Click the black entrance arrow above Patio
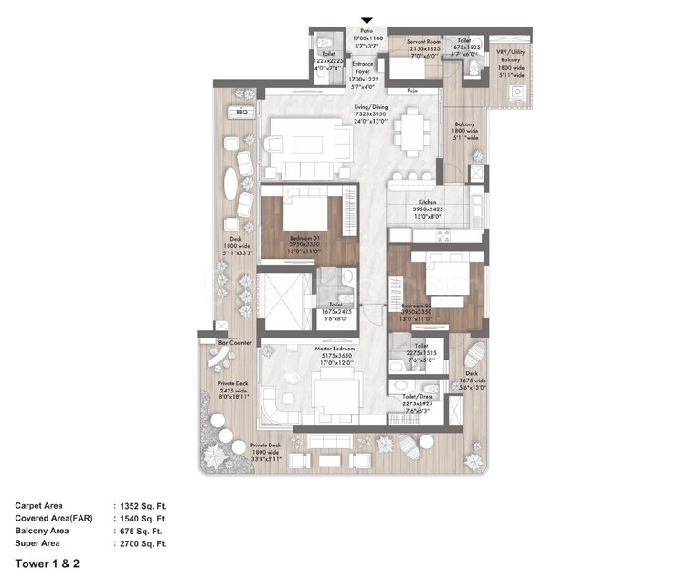pyautogui.click(x=367, y=20)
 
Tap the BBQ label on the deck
pyautogui.click(x=241, y=112)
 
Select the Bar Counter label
pyautogui.click(x=235, y=342)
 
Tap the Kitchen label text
pyautogui.click(x=427, y=201)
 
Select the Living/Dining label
pyautogui.click(x=371, y=107)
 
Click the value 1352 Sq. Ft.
pyautogui.click(x=144, y=505)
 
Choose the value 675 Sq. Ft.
pyautogui.click(x=141, y=531)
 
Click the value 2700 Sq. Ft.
pyautogui.click(x=144, y=543)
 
